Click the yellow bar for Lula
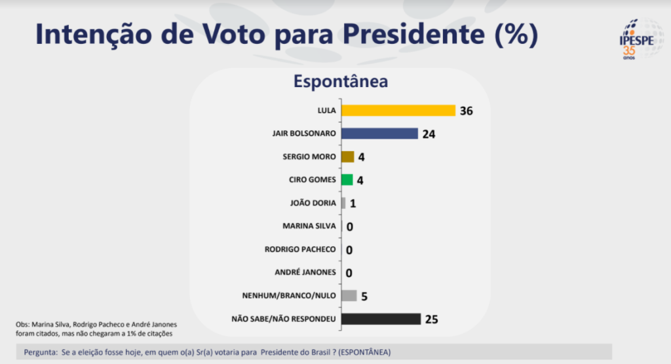(x=398, y=110)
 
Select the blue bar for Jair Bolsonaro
(x=379, y=134)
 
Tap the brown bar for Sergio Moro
(x=347, y=156)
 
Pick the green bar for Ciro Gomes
(x=347, y=179)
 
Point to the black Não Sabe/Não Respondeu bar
(x=381, y=319)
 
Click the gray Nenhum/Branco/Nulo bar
(x=349, y=295)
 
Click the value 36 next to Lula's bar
(x=466, y=111)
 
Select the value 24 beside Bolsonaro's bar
(x=429, y=134)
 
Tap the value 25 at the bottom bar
(x=431, y=319)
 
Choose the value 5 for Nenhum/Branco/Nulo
(x=364, y=296)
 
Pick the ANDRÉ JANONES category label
(x=305, y=272)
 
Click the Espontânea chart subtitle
(x=340, y=82)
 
